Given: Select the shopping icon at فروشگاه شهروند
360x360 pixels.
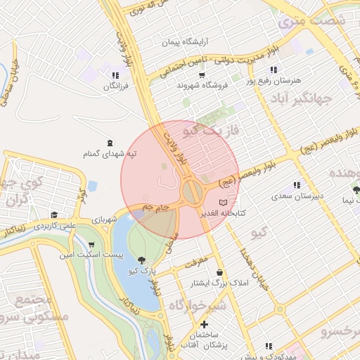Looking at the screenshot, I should pyautogui.click(x=202, y=75).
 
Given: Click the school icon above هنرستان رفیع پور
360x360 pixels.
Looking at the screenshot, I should pyautogui.click(x=274, y=70).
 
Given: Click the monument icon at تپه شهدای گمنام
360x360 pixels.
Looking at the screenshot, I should pyautogui.click(x=109, y=143).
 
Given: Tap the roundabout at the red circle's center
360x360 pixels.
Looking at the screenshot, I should pyautogui.click(x=192, y=191).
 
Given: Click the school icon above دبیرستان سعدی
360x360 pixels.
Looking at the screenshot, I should pyautogui.click(x=297, y=186).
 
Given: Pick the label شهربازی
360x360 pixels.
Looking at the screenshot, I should pyautogui.click(x=106, y=220).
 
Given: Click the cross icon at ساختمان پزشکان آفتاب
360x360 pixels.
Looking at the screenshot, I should pyautogui.click(x=204, y=325).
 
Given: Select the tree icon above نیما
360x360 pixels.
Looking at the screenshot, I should pyautogui.click(x=355, y=190).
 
